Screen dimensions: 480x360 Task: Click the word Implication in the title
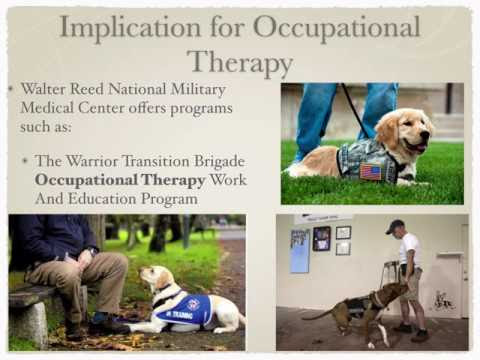click(x=130, y=28)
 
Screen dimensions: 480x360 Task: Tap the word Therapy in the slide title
click(x=240, y=63)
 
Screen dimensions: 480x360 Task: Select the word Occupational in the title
click(x=337, y=28)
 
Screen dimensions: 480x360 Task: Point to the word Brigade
click(x=220, y=162)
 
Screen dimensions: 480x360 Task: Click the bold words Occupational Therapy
click(x=120, y=180)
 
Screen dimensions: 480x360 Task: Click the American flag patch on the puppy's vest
click(x=371, y=172)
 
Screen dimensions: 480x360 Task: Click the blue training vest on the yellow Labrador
click(x=183, y=309)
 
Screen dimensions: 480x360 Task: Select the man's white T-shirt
click(x=410, y=249)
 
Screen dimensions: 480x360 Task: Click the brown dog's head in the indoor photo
click(x=397, y=289)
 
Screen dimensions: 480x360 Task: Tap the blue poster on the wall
click(x=300, y=251)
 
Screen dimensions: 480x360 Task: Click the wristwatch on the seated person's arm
click(x=92, y=251)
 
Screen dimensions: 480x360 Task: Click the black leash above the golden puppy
click(x=354, y=110)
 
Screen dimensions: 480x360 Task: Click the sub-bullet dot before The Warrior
click(x=25, y=161)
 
